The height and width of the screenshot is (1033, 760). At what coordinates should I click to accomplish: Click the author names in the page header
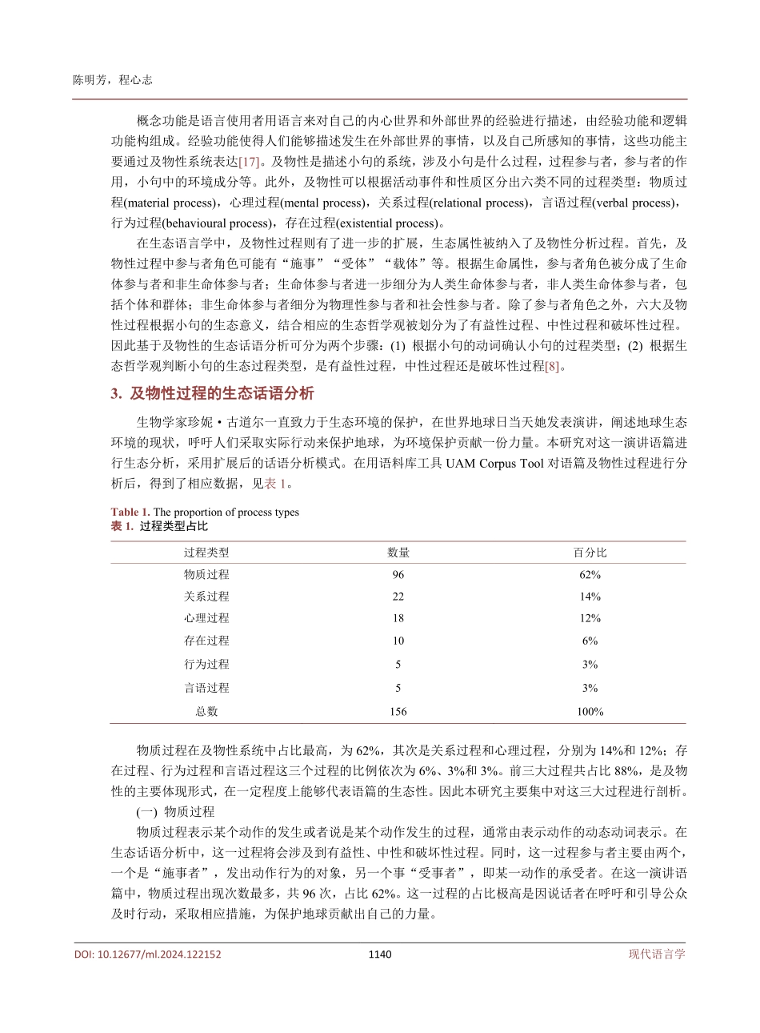[113, 80]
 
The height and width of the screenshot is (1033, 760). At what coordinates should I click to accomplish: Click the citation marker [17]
[249, 161]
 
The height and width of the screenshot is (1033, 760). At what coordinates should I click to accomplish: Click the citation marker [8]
[552, 367]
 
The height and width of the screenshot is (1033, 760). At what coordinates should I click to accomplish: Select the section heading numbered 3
[212, 394]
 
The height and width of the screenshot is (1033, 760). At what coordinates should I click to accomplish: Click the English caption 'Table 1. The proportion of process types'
[205, 512]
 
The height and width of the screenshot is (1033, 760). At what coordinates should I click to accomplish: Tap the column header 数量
[398, 553]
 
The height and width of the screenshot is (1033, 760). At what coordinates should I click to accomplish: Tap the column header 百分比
[590, 553]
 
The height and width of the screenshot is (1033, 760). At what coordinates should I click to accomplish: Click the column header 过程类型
[206, 553]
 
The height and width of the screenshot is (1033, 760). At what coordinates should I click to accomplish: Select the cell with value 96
[398, 575]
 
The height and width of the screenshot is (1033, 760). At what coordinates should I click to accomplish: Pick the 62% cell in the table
[590, 575]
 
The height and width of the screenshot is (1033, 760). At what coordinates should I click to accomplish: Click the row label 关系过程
[206, 597]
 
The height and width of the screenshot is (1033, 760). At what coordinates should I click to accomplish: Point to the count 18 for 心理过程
[398, 618]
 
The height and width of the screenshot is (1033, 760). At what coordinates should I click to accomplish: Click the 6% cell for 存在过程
[590, 641]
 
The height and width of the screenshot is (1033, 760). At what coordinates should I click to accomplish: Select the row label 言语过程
[206, 688]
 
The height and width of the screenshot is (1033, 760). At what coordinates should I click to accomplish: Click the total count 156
[398, 711]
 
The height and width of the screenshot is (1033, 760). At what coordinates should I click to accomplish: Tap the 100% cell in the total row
[590, 711]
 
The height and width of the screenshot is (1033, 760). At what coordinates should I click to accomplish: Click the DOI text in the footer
[148, 955]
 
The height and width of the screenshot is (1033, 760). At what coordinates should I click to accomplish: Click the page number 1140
[380, 955]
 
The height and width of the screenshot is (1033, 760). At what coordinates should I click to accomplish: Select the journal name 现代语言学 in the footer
[657, 955]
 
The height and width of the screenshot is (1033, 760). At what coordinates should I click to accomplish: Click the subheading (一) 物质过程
[175, 812]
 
